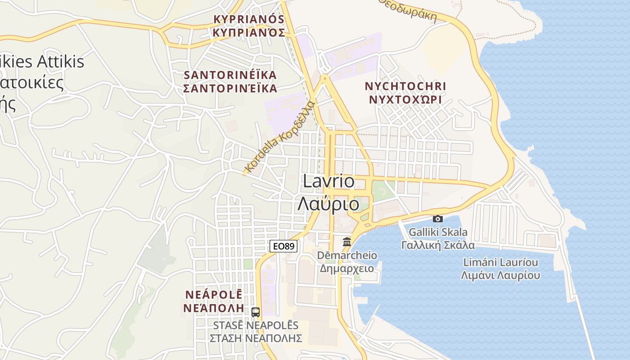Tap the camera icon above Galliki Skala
[437, 219]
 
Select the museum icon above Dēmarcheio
[347, 242]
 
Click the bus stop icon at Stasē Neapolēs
[256, 312]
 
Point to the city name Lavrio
[328, 181]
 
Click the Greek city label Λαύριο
[328, 204]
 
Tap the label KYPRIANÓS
[249, 19]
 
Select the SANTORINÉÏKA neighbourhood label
[230, 75]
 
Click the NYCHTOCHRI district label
[405, 86]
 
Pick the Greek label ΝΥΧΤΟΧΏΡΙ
[405, 99]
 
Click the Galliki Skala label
[438, 232]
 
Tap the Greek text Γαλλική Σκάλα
[438, 245]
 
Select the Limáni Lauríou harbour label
[500, 262]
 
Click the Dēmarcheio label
[347, 255]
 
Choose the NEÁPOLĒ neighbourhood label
[214, 295]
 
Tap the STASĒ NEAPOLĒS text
[256, 325]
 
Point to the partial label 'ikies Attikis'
[43, 61]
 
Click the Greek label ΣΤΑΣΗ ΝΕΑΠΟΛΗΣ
[256, 338]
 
